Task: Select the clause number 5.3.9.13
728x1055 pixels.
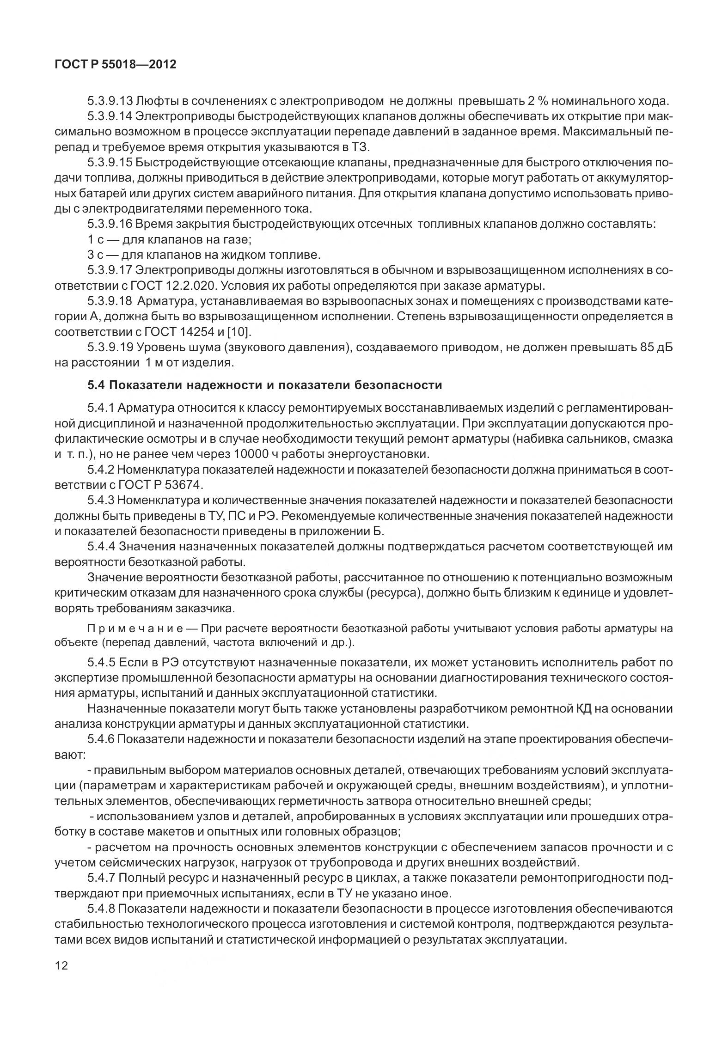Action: [109, 101]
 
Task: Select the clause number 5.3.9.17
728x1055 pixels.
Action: [109, 270]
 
